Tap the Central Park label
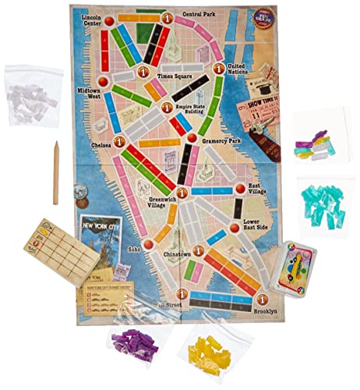point(199,14)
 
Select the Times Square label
point(175,76)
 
